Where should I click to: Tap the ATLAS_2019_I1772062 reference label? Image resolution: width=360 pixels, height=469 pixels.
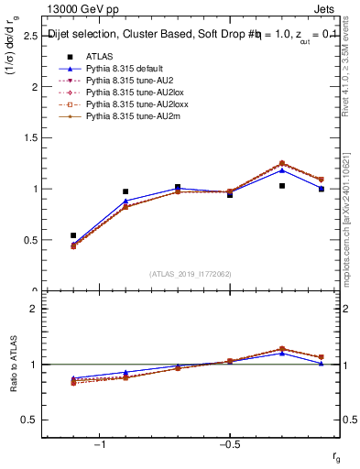[191, 273]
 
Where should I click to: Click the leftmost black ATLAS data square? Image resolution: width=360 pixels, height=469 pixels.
[73, 235]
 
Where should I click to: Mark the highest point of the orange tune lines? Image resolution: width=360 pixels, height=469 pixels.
[282, 163]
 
